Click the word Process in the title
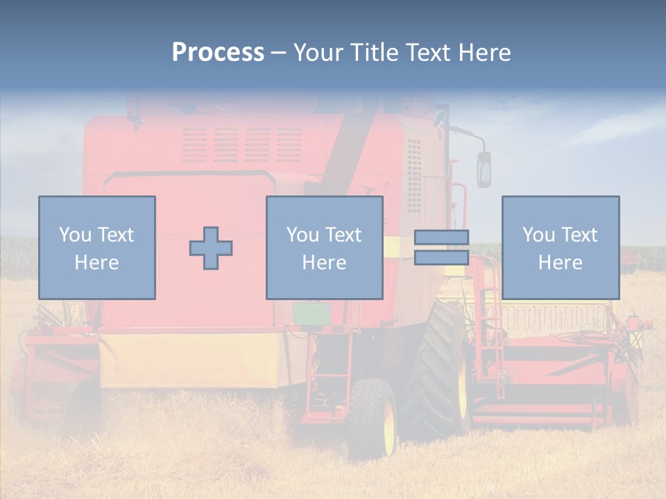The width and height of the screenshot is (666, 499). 218,52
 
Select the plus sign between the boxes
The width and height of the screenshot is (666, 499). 211,248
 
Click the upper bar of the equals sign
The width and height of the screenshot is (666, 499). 441,237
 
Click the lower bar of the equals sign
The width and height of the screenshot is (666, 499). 441,258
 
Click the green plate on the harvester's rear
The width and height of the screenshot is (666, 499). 306,314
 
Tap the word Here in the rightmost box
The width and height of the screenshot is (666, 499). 560,263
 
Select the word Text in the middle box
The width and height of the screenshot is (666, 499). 343,235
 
